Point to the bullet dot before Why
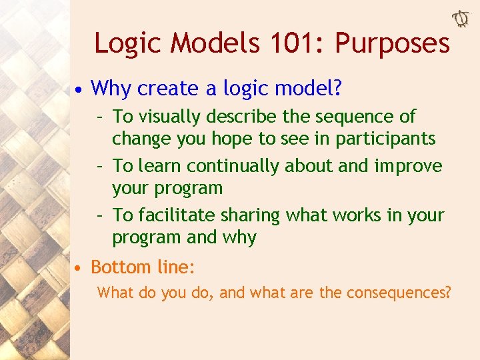(x=79, y=89)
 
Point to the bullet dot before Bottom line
(x=79, y=269)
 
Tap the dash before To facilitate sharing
(x=98, y=215)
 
